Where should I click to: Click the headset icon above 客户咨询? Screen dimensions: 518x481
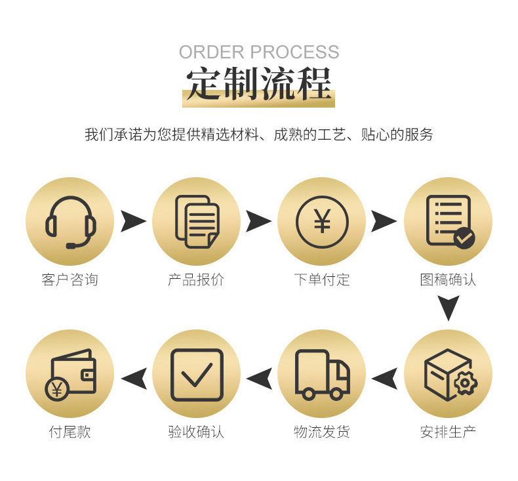click(70, 222)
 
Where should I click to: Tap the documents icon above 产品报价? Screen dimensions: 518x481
click(196, 222)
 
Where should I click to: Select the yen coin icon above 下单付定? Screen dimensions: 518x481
click(322, 222)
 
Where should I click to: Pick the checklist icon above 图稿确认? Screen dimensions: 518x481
click(448, 222)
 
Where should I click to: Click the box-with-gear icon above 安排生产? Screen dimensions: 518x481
click(448, 374)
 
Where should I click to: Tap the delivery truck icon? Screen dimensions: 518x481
click(322, 374)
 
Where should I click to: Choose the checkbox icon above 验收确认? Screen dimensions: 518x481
click(196, 374)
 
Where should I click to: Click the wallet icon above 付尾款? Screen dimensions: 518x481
click(70, 374)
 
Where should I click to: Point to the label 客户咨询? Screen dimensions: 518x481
click(70, 280)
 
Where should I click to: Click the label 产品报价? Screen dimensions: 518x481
click(196, 280)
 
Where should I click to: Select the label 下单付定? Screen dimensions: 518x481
click(322, 280)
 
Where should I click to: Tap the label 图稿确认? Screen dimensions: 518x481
click(448, 280)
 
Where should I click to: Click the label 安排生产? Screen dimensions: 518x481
click(448, 432)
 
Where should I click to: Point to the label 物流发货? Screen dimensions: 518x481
click(322, 432)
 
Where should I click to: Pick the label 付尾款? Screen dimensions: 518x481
click(70, 432)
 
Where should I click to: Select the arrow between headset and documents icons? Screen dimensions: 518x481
click(133, 222)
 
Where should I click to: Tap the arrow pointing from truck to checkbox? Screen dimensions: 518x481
click(259, 378)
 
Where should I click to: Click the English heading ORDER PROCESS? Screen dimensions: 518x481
click(259, 52)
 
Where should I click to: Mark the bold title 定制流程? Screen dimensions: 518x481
click(259, 83)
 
